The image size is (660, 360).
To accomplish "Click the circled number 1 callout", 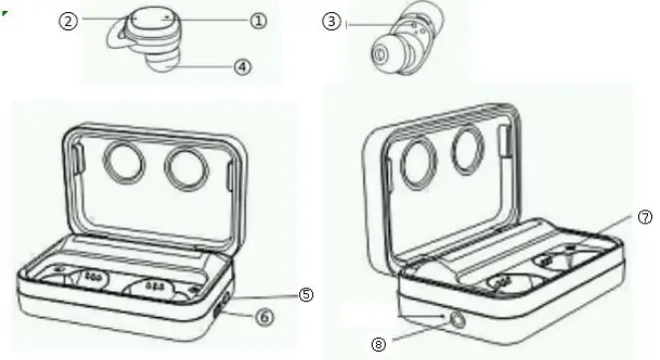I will tap(258, 19).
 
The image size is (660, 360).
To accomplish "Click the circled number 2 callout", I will tap(69, 19).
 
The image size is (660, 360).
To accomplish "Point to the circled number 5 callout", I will tap(306, 294).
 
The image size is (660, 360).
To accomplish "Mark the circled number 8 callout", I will tap(378, 344).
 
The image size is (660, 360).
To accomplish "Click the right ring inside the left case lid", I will tap(190, 167).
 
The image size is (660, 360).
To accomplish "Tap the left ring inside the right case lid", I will tap(420, 158).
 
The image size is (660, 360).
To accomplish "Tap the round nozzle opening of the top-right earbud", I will tap(381, 52).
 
